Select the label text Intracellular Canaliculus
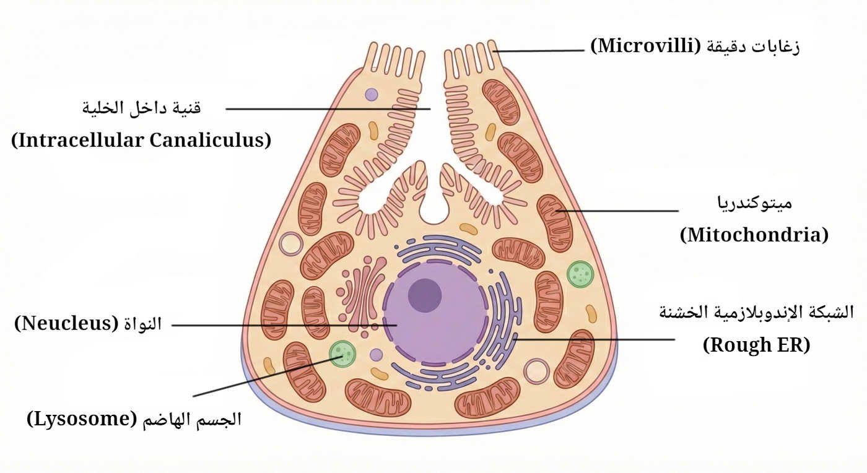(x=141, y=140)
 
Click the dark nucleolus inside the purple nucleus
(x=424, y=294)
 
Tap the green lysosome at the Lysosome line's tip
(x=342, y=354)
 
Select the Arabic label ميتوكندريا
(x=754, y=202)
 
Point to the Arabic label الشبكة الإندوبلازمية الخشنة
(x=756, y=313)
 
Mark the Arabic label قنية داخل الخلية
(x=142, y=108)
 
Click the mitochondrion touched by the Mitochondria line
(x=554, y=222)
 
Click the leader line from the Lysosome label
(x=260, y=378)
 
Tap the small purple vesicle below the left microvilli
(x=371, y=95)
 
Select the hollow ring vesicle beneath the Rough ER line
(x=536, y=371)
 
